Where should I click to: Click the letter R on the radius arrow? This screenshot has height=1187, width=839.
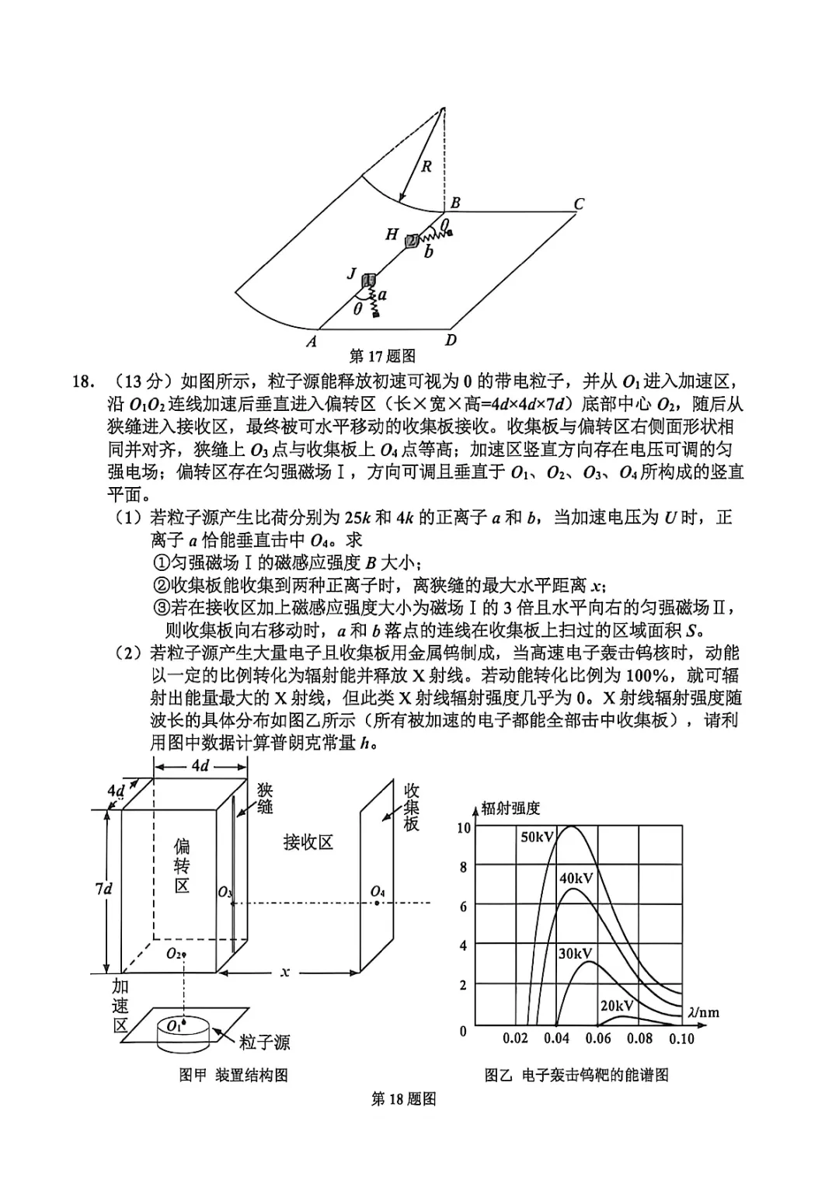(426, 166)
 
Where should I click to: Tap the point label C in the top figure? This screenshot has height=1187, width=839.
(578, 204)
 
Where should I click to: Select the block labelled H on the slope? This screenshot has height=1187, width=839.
(412, 241)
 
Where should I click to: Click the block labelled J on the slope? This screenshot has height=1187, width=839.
(369, 281)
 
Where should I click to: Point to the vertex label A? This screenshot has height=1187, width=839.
(312, 341)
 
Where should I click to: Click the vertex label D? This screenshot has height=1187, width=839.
(450, 339)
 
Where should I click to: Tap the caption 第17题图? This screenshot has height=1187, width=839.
(382, 357)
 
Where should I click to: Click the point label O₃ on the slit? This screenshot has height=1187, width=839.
(225, 893)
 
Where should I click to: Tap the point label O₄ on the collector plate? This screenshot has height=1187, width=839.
(378, 891)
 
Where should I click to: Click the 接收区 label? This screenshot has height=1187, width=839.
(308, 842)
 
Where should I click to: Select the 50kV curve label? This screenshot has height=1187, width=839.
(538, 837)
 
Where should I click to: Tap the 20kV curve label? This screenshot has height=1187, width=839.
(617, 1006)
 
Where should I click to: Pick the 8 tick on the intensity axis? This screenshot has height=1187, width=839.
(464, 868)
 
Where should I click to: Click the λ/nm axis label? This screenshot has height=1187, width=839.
(703, 1011)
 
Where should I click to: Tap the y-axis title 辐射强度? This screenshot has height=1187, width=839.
(510, 808)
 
